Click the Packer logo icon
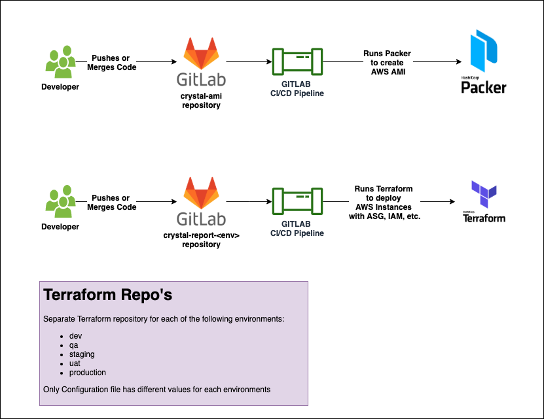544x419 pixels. coord(483,50)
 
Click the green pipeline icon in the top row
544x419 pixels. coord(298,63)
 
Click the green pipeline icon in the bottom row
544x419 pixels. coord(298,203)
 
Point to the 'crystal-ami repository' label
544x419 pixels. coord(201,100)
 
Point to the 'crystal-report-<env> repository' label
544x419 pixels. coord(201,239)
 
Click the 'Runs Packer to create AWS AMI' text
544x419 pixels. coord(388,63)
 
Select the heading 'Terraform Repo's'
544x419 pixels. coord(107,295)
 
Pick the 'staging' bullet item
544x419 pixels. coord(82,354)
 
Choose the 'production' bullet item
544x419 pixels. coord(87,373)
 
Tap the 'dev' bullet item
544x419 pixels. coord(75,336)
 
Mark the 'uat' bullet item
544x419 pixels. coord(75,363)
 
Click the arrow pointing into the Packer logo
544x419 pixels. coord(432,63)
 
